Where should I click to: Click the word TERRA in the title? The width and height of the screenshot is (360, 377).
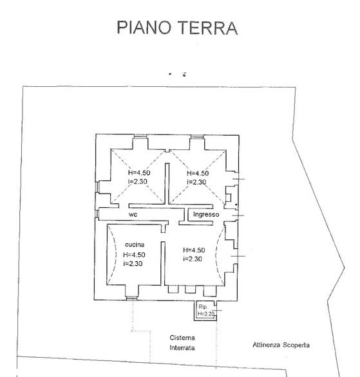click(207, 28)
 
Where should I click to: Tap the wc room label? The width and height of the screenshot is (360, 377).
click(133, 214)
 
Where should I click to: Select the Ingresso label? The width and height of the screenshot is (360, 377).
click(206, 214)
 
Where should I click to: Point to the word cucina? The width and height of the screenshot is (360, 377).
click(135, 244)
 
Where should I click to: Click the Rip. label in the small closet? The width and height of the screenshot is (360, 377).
click(203, 307)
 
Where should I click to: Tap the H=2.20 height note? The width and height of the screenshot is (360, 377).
click(206, 314)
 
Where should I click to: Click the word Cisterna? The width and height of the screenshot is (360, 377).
click(182, 338)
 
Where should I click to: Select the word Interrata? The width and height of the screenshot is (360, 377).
click(182, 348)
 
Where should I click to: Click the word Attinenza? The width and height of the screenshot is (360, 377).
click(267, 345)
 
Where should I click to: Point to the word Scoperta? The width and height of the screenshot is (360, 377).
click(296, 345)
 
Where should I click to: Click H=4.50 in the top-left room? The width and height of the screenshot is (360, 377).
click(139, 172)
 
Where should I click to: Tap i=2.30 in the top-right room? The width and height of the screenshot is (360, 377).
click(196, 182)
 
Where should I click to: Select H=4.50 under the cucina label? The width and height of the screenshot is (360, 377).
click(134, 255)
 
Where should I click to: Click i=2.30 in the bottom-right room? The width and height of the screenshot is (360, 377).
click(193, 259)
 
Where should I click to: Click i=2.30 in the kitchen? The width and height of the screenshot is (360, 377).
click(133, 264)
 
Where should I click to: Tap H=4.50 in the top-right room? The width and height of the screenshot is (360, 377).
click(198, 173)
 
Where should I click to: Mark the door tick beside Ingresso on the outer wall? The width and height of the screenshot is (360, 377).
click(238, 216)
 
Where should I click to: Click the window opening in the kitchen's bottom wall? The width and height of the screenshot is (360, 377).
click(131, 299)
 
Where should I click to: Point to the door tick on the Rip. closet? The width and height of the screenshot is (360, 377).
click(216, 310)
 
